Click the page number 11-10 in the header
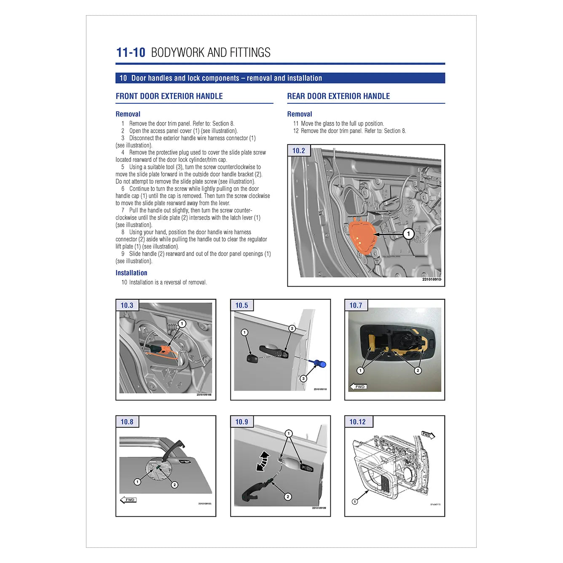pos(131,53)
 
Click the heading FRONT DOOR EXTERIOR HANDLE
pos(169,96)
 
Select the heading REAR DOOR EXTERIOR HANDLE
pos(338,96)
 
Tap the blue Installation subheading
pos(131,273)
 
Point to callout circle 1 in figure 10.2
pos(408,234)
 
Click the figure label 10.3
pos(127,306)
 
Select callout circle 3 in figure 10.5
pos(303,378)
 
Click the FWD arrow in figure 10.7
pos(358,386)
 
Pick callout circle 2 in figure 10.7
pos(418,370)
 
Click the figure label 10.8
pos(127,422)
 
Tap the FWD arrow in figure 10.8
pos(129,500)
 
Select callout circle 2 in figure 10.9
pos(288,497)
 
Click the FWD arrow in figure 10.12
pos(428,435)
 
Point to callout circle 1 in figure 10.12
pos(355,501)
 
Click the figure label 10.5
pos(241,306)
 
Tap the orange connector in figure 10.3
pos(161,349)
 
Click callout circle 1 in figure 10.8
pos(137,482)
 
